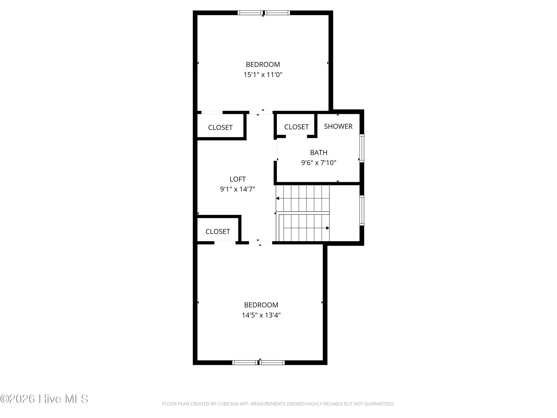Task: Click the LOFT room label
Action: click(x=237, y=179)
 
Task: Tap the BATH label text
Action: click(x=319, y=153)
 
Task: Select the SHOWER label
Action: click(x=338, y=126)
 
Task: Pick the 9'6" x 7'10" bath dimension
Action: click(x=319, y=163)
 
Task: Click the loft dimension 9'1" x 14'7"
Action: click(x=237, y=189)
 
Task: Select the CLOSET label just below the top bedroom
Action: click(x=220, y=127)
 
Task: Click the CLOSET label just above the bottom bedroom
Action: click(x=218, y=231)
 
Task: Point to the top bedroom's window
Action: click(x=264, y=13)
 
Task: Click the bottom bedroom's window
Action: click(x=258, y=363)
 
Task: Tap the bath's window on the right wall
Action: click(x=362, y=148)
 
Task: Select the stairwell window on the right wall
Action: click(x=362, y=210)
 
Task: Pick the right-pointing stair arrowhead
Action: click(x=328, y=228)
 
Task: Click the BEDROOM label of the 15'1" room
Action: click(x=263, y=64)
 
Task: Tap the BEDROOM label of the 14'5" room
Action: click(x=261, y=305)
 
